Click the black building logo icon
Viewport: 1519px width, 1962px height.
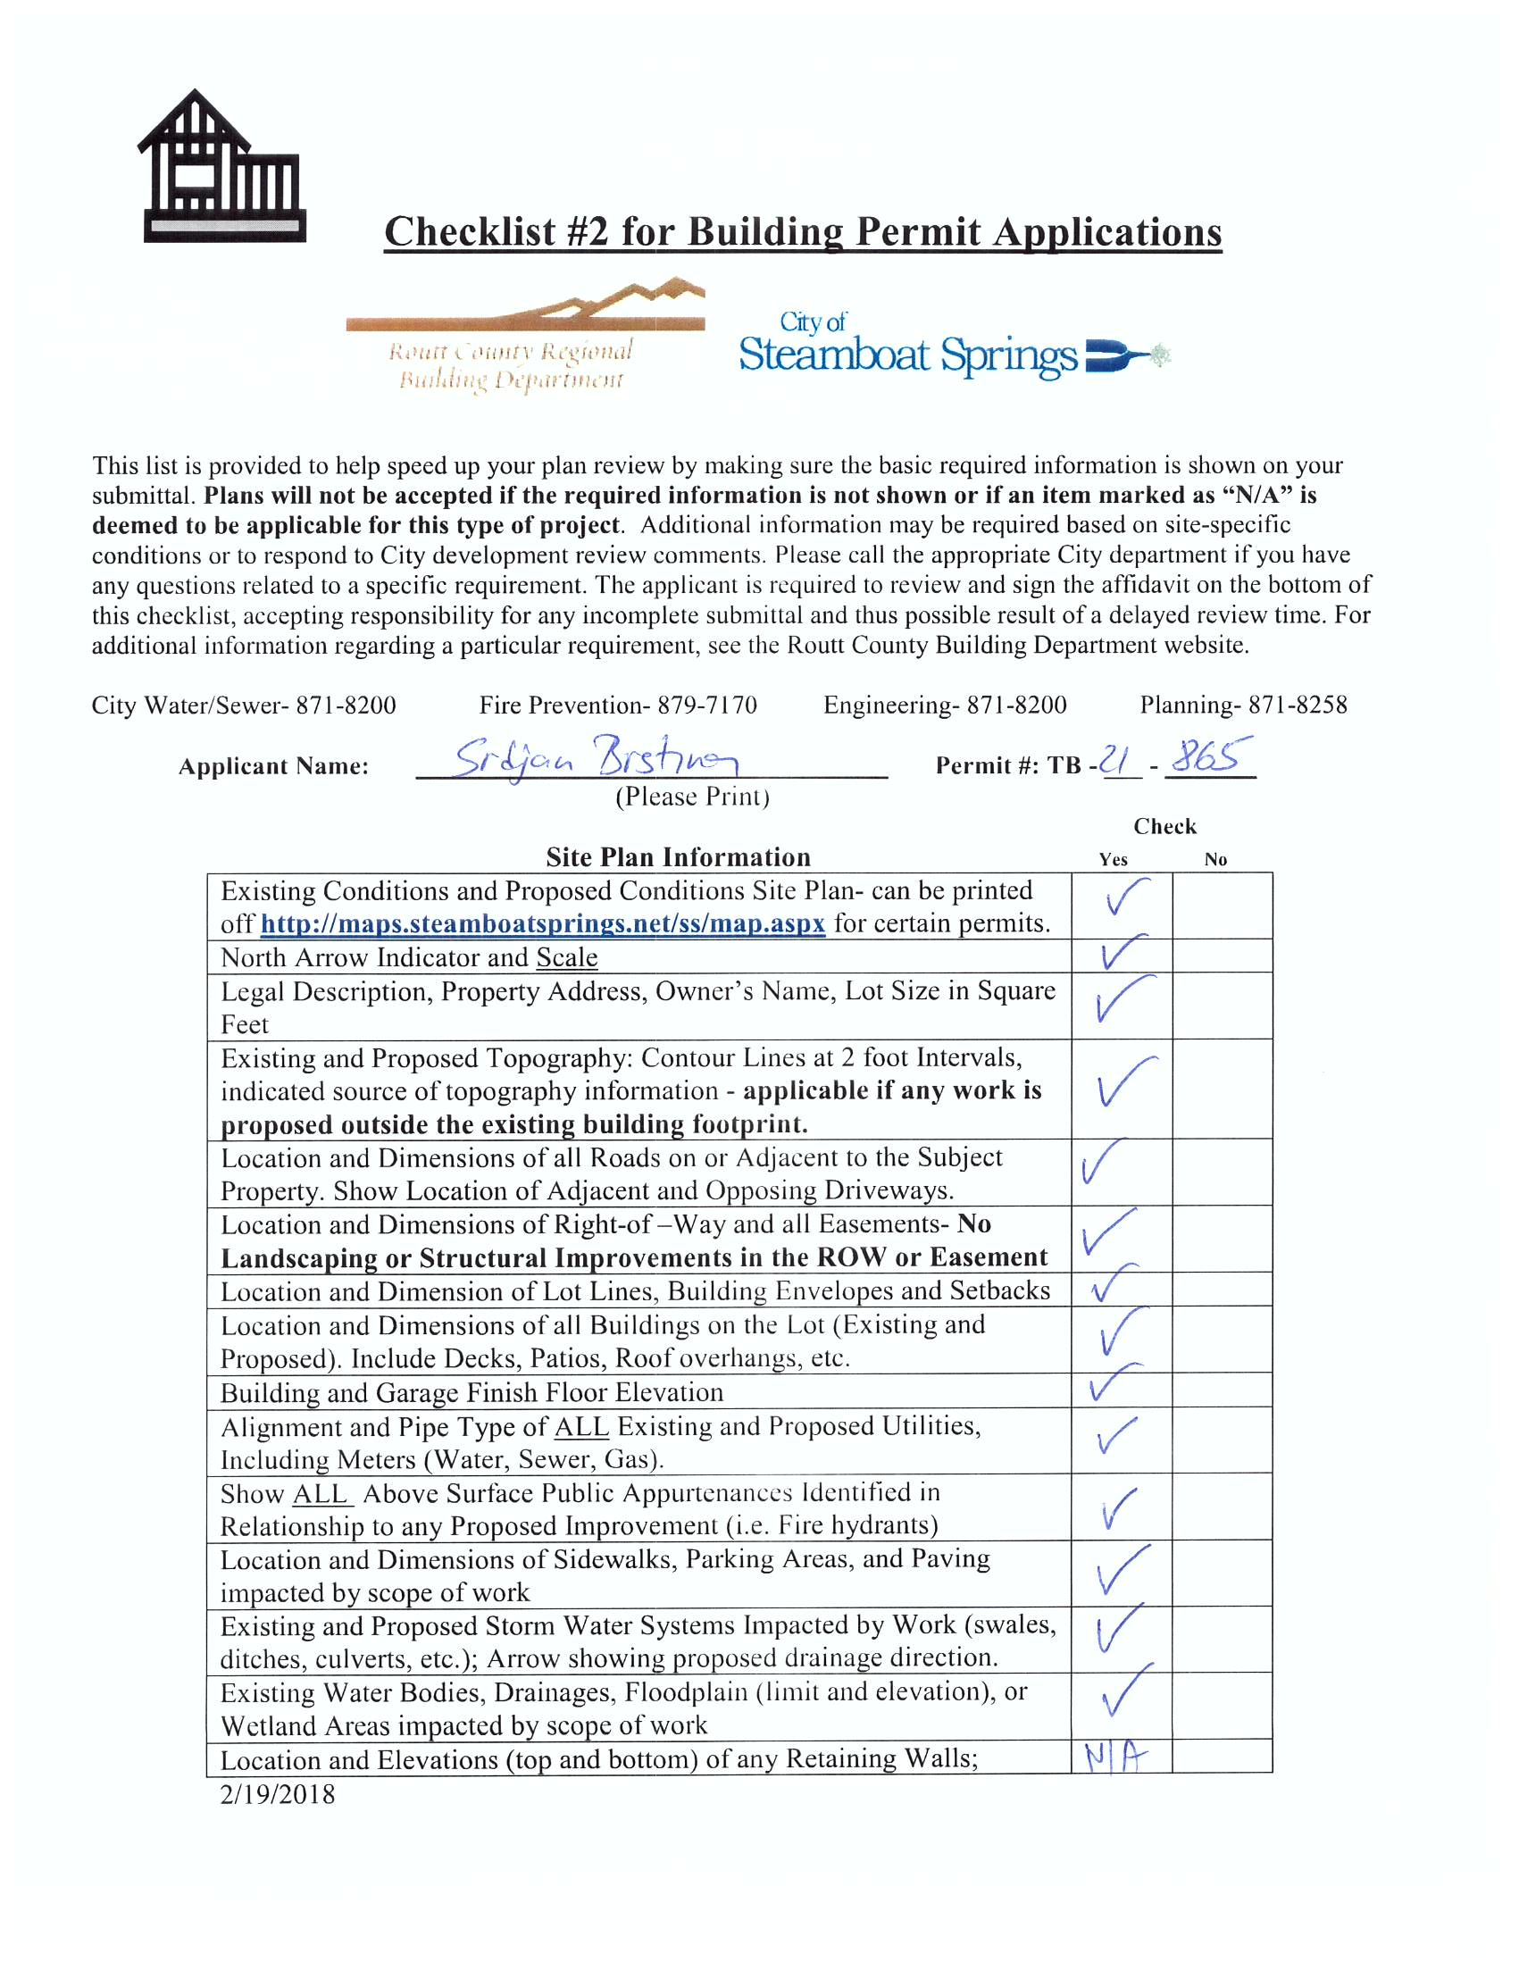click(221, 168)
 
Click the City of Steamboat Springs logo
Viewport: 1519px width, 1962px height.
click(952, 346)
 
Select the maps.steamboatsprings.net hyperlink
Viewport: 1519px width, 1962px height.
click(543, 923)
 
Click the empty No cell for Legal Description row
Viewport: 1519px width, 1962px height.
click(1222, 1006)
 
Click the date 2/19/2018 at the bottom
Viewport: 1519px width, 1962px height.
click(278, 1794)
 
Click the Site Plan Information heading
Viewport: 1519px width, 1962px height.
click(678, 857)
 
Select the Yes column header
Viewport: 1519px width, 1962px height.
click(1113, 860)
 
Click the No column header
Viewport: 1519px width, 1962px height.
click(1215, 860)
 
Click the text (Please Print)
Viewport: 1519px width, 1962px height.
click(692, 797)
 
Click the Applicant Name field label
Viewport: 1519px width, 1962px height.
click(273, 766)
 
